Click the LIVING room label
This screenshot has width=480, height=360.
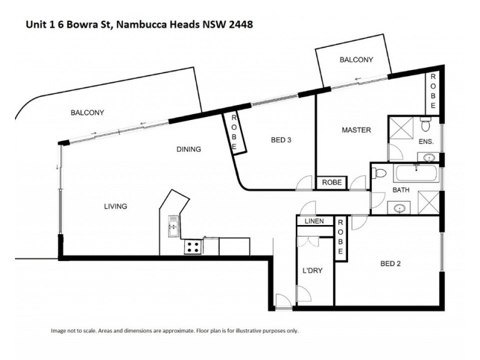tap(115, 206)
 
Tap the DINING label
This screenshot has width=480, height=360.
tap(188, 149)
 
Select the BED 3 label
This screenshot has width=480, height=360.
tap(281, 140)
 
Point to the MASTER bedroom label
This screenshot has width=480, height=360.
tap(356, 130)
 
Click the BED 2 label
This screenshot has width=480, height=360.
tap(391, 263)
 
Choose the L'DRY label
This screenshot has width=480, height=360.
tap(313, 271)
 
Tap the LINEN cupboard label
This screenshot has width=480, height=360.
tap(314, 221)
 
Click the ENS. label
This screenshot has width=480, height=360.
tap(426, 142)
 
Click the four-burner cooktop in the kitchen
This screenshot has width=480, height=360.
tap(193, 245)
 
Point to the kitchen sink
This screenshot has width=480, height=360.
tap(173, 226)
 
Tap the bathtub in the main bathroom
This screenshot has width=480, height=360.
tap(416, 175)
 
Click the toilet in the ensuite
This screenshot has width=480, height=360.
tap(425, 124)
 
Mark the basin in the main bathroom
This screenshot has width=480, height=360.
tap(400, 208)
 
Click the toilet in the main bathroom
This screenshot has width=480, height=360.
tap(379, 174)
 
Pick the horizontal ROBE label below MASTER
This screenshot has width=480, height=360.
tap(332, 182)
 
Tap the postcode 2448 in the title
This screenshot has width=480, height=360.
tap(237, 25)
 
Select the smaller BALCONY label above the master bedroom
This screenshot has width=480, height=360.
tap(356, 59)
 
